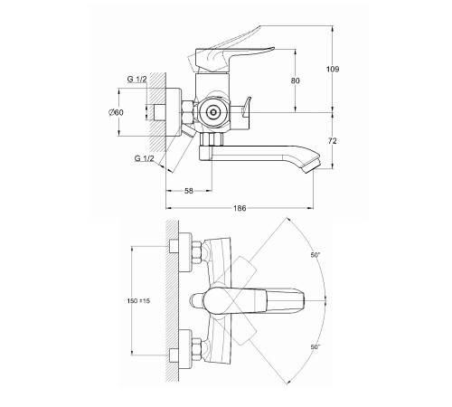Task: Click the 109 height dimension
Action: (x=333, y=70)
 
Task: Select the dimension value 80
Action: (x=296, y=80)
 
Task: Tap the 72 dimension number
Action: (x=333, y=141)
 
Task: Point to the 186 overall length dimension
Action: (x=240, y=208)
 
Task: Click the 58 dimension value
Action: (x=188, y=191)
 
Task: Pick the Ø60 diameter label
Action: (x=116, y=112)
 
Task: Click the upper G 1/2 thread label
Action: (x=137, y=80)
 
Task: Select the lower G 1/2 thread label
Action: (x=144, y=158)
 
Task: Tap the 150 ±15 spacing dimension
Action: (x=138, y=301)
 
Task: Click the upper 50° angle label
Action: (x=315, y=255)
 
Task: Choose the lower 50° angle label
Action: (x=315, y=347)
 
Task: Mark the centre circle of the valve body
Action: (x=213, y=113)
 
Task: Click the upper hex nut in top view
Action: (x=196, y=252)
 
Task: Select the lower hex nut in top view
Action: (x=196, y=349)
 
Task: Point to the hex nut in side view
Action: (x=189, y=112)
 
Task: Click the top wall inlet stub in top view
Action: (x=174, y=246)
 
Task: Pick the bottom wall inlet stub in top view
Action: (x=174, y=355)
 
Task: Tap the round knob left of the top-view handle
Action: (x=195, y=300)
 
